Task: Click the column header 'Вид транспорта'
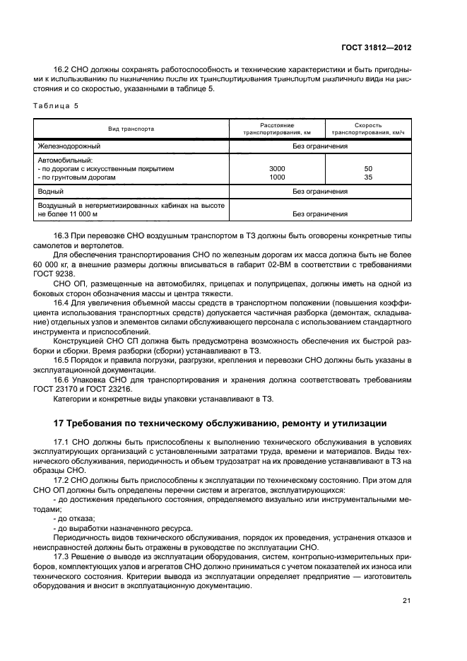[x=131, y=129]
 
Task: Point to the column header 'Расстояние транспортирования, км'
[x=277, y=129]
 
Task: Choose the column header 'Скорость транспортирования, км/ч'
[x=367, y=129]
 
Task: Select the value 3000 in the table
[x=278, y=169]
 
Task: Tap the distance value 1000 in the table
[x=278, y=177]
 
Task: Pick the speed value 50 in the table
[x=367, y=169]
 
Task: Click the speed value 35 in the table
[x=367, y=177]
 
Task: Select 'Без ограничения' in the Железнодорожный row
[x=320, y=146]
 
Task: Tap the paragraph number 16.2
[x=62, y=69]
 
